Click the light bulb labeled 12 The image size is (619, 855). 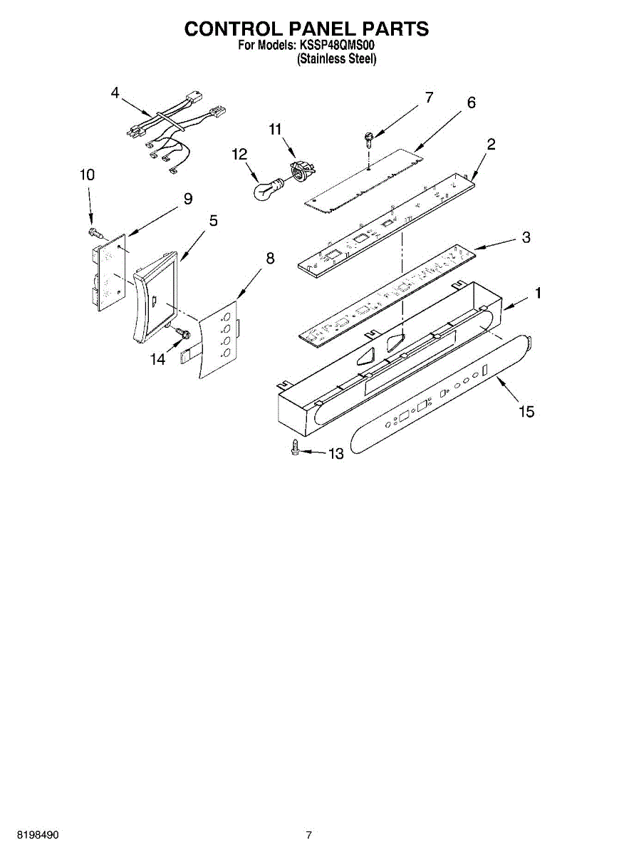[268, 190]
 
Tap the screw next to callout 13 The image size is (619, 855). [294, 448]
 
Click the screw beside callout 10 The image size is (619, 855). [95, 232]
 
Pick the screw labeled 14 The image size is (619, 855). [181, 333]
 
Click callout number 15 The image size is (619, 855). [526, 411]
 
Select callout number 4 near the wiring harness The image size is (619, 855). [115, 93]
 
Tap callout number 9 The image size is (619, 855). [187, 199]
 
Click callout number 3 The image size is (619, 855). [526, 237]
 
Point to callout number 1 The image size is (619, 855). [539, 293]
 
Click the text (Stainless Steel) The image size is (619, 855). [336, 60]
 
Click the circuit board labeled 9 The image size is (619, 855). [108, 274]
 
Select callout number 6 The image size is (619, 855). [471, 103]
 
